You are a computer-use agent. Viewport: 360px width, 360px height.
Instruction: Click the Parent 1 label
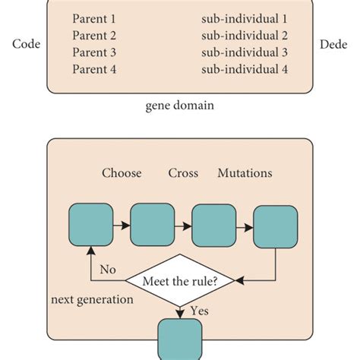(x=95, y=17)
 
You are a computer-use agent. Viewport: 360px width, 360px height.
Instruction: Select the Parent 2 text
(x=95, y=35)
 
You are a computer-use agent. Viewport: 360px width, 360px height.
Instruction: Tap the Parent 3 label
(x=95, y=52)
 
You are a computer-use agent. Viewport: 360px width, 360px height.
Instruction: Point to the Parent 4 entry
(x=95, y=70)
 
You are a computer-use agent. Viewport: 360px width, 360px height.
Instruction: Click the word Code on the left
(x=26, y=44)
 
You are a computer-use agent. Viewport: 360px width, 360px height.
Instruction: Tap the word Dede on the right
(x=332, y=44)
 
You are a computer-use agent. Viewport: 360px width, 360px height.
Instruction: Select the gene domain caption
(x=179, y=106)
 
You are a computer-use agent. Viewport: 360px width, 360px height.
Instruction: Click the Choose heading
(x=122, y=173)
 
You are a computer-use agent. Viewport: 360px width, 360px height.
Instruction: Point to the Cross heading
(x=183, y=173)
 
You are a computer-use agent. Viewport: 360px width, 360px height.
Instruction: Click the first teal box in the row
(x=90, y=226)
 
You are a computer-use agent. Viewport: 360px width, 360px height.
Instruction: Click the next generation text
(x=93, y=299)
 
